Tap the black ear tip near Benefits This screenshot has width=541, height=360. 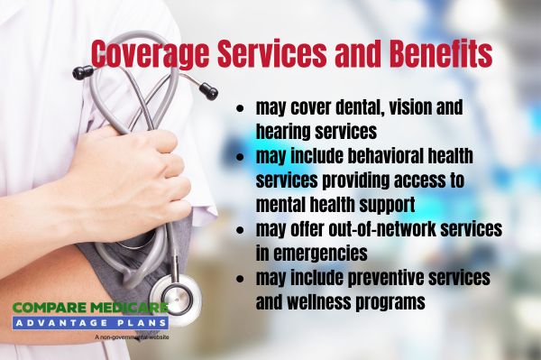209,90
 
